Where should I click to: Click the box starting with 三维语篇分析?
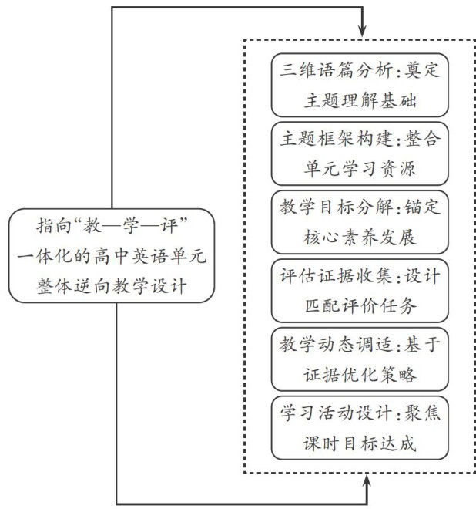360,85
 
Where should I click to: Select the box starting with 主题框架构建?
360,153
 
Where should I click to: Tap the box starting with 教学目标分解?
360,221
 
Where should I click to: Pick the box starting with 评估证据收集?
360,290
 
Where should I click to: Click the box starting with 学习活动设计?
360,427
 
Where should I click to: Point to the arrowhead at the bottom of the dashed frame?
369,480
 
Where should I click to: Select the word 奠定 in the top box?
425,71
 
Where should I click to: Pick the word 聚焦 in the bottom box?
425,413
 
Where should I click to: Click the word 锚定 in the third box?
425,207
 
